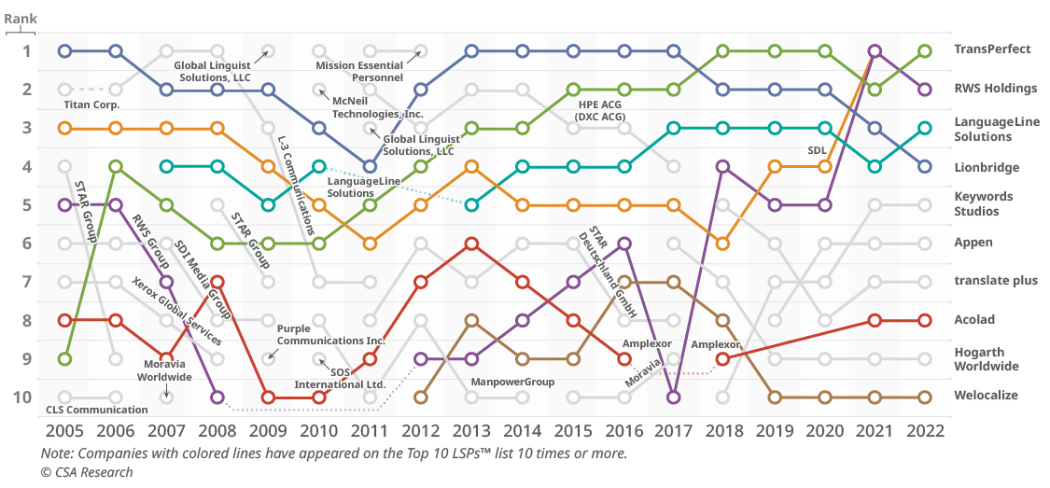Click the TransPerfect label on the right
[992, 49]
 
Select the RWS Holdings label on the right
[996, 89]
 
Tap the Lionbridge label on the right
[987, 168]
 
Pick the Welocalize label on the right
[986, 396]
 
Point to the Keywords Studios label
[989, 204]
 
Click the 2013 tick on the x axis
[471, 431]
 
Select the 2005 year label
[64, 431]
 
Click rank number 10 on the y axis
[22, 397]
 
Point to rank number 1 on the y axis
[26, 50]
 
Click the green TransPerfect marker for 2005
[64, 358]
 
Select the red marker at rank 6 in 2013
[471, 244]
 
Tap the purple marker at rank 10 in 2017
[674, 397]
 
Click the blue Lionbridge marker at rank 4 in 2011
[370, 166]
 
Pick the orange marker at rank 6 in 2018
[723, 244]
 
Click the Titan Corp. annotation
[91, 105]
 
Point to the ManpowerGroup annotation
[512, 382]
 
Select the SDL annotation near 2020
[818, 149]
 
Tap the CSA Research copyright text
[87, 472]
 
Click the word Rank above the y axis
[21, 18]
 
